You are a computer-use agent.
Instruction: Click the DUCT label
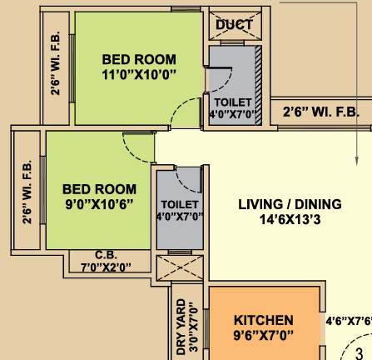(235, 25)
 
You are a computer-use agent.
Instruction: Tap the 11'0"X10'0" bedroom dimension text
(139, 75)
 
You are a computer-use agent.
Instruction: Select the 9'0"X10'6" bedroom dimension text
(99, 204)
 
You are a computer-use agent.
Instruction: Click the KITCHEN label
(264, 320)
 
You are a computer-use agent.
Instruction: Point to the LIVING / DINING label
(290, 204)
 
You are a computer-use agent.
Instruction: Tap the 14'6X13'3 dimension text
(290, 219)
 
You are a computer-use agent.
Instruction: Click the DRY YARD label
(181, 327)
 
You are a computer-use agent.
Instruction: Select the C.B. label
(106, 255)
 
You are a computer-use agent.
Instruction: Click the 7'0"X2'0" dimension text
(106, 267)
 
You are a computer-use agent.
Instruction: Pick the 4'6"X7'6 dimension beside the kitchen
(349, 321)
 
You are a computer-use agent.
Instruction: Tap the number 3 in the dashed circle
(359, 353)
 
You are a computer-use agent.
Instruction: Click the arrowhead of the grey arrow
(357, 161)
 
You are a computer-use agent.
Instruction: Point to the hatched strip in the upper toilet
(258, 86)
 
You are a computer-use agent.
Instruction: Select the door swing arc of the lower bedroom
(132, 152)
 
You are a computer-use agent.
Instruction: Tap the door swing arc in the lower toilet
(184, 184)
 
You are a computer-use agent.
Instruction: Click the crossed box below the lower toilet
(180, 267)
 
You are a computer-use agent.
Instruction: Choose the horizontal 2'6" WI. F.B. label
(321, 112)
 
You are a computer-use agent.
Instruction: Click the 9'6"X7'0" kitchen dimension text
(264, 335)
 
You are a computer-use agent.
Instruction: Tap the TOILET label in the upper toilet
(233, 102)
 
